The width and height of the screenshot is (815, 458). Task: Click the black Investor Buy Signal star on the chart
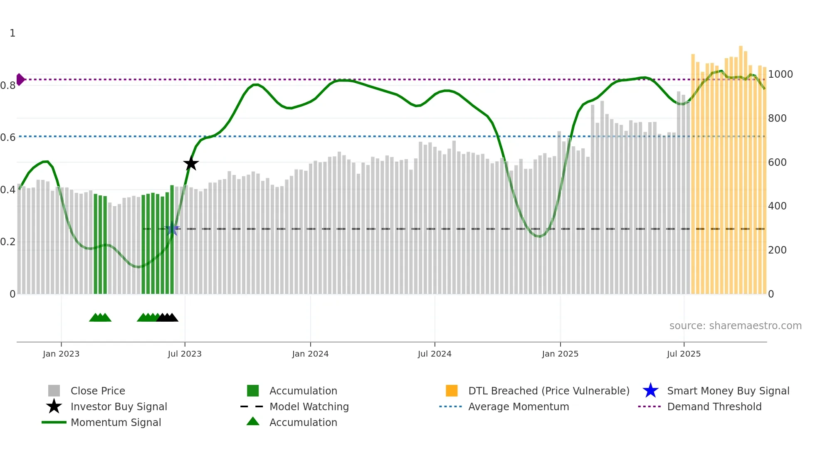191,163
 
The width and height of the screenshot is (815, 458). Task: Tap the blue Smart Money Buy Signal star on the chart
172,229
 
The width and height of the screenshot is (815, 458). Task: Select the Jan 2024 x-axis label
310,354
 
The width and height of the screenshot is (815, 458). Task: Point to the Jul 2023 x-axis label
185,354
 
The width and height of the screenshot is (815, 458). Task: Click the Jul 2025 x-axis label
684,354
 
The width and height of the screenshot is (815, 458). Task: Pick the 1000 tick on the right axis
780,74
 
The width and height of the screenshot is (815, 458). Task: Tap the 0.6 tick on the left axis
8,138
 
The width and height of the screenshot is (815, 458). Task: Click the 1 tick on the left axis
12,33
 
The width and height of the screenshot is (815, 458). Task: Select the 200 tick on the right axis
777,250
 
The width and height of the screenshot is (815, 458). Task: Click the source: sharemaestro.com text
735,326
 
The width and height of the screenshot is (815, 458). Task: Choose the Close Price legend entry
98,391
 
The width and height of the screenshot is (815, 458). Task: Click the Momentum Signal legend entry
116,423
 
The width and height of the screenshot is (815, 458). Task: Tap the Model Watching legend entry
309,407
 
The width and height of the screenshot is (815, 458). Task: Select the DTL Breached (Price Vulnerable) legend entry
548,391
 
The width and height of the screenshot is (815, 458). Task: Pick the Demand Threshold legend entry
714,407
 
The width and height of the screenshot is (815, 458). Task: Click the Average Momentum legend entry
519,407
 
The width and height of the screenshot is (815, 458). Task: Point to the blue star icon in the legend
650,391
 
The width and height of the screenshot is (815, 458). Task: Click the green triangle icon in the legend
253,422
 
